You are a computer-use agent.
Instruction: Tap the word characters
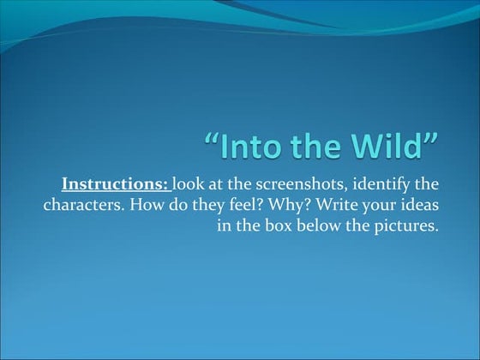click(x=80, y=206)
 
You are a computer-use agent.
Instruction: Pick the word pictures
click(x=409, y=227)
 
